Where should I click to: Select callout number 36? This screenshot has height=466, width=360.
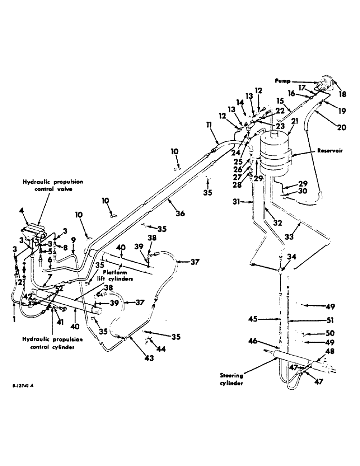(x=180, y=213)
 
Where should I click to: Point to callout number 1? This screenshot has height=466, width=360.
(x=14, y=319)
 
